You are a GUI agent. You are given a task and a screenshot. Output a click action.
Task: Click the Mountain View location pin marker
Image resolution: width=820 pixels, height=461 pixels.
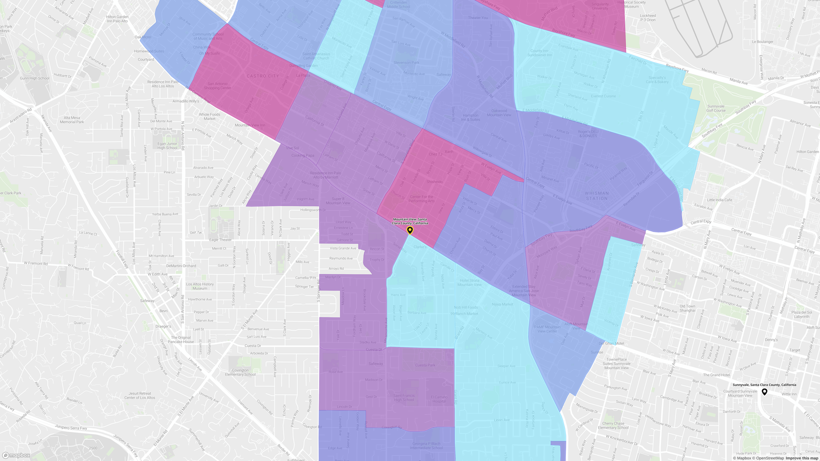pos(410,230)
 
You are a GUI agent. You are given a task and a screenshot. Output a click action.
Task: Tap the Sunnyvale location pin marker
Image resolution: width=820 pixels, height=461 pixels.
pos(764,392)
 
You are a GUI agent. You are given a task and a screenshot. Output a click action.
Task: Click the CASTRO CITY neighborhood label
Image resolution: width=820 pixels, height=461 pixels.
pos(263,76)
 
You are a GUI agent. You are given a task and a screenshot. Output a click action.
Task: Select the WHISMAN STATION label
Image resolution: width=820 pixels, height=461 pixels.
pos(597,196)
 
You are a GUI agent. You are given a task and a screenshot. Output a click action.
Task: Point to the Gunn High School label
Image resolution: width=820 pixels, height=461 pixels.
pos(34,79)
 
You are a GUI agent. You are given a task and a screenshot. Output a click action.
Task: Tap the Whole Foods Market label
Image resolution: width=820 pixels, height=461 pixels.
pos(209,116)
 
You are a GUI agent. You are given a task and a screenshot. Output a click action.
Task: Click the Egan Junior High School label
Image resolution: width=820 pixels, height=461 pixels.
pos(167,146)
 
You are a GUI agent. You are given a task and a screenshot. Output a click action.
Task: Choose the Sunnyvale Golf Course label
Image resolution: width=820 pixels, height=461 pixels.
pos(715,108)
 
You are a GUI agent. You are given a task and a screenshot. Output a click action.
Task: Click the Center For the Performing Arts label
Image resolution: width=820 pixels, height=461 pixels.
pos(421,199)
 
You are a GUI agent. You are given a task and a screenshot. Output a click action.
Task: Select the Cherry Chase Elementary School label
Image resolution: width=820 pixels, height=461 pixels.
pos(613,425)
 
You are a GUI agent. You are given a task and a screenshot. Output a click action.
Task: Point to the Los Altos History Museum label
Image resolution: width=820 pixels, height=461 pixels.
pos(200,286)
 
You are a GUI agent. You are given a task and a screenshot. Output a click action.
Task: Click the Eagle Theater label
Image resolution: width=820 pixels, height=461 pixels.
pos(220,240)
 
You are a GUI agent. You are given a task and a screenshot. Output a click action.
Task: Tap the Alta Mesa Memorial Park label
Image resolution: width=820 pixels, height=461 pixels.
pos(72,120)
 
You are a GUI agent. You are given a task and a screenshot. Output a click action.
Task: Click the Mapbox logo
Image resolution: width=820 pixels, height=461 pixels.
pos(16,455)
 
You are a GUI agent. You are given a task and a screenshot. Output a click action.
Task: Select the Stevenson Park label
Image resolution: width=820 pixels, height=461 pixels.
pos(406,63)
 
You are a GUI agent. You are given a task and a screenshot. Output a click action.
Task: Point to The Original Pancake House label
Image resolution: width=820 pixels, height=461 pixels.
pos(181,340)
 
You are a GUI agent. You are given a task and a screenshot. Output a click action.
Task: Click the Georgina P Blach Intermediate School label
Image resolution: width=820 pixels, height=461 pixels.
pos(426,445)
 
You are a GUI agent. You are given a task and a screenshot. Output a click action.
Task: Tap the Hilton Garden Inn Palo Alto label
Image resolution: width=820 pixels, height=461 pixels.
pos(117,19)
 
